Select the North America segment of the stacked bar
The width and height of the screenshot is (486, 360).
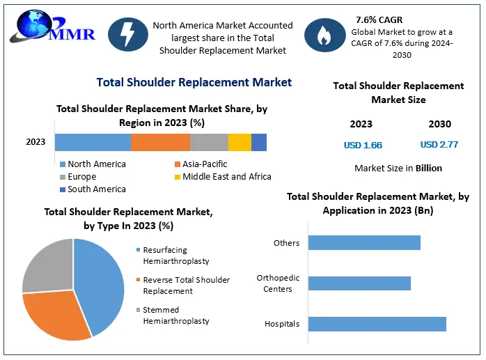coord(93,142)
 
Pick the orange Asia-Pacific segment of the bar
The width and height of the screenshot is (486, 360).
coord(160,142)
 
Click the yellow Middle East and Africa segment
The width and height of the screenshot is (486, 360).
coord(240,142)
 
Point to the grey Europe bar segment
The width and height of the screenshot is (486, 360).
coord(209,142)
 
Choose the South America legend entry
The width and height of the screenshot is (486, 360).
coord(93,189)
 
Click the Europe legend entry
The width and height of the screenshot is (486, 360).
coord(82,177)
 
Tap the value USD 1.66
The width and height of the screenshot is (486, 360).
coord(363,146)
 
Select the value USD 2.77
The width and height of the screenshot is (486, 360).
coord(439,145)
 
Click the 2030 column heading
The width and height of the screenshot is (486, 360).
coord(439,124)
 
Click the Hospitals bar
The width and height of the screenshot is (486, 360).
coord(377,324)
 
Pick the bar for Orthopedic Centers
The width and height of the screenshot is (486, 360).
coord(359,283)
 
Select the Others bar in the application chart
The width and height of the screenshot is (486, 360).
coord(364,242)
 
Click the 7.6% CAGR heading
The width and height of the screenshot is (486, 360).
coord(379,19)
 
